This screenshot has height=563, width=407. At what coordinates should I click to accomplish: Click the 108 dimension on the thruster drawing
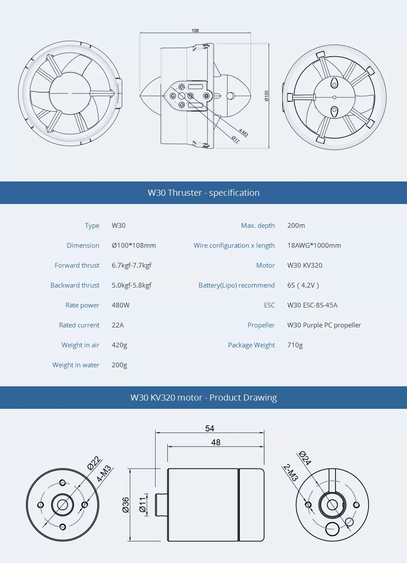[195, 30]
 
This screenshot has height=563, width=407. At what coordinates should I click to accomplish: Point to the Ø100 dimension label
[267, 96]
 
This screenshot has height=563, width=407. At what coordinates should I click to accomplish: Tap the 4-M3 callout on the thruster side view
[243, 133]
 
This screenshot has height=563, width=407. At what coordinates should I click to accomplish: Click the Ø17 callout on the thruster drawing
[235, 139]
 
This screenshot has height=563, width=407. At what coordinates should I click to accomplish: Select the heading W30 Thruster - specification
[204, 193]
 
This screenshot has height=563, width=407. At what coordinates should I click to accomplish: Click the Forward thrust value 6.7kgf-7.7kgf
[132, 265]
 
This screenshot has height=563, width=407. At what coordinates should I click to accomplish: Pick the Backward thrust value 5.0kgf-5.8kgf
[132, 285]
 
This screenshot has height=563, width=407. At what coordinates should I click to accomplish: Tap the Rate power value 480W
[121, 305]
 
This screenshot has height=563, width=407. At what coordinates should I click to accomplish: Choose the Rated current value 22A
[118, 325]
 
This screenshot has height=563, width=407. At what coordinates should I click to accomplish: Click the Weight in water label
[76, 365]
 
